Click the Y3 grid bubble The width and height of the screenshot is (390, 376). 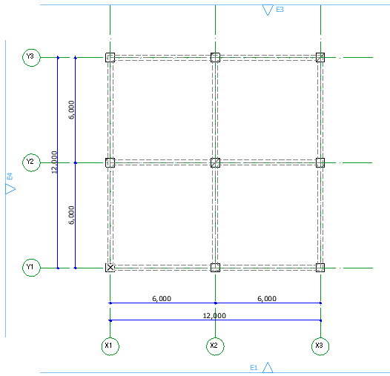[x=31, y=58]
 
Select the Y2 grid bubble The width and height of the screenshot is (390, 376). [x=31, y=162]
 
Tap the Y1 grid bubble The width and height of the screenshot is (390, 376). [x=31, y=268]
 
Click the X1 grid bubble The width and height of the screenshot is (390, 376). [x=110, y=346]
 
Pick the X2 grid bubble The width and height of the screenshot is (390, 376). [x=216, y=346]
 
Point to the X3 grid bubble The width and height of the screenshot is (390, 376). [x=320, y=346]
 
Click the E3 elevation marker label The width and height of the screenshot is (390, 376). [x=280, y=10]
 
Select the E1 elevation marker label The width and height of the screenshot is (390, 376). [x=254, y=368]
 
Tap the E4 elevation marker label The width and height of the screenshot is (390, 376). [x=10, y=177]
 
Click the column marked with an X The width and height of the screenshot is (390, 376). [x=110, y=268]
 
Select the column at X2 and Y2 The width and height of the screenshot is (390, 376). [x=216, y=162]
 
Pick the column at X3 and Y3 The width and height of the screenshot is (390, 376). [x=320, y=58]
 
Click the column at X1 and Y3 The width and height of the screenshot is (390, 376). [x=110, y=58]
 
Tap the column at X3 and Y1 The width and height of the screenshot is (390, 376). [x=320, y=268]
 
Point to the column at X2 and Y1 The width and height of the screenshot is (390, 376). [x=216, y=268]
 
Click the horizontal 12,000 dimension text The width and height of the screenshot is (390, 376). [x=214, y=316]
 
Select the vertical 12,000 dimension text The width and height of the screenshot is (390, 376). [x=54, y=162]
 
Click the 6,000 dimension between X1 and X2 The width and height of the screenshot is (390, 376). [x=162, y=299]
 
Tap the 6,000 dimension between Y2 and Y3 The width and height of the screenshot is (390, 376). [x=71, y=110]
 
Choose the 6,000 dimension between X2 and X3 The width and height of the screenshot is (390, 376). [x=267, y=299]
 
